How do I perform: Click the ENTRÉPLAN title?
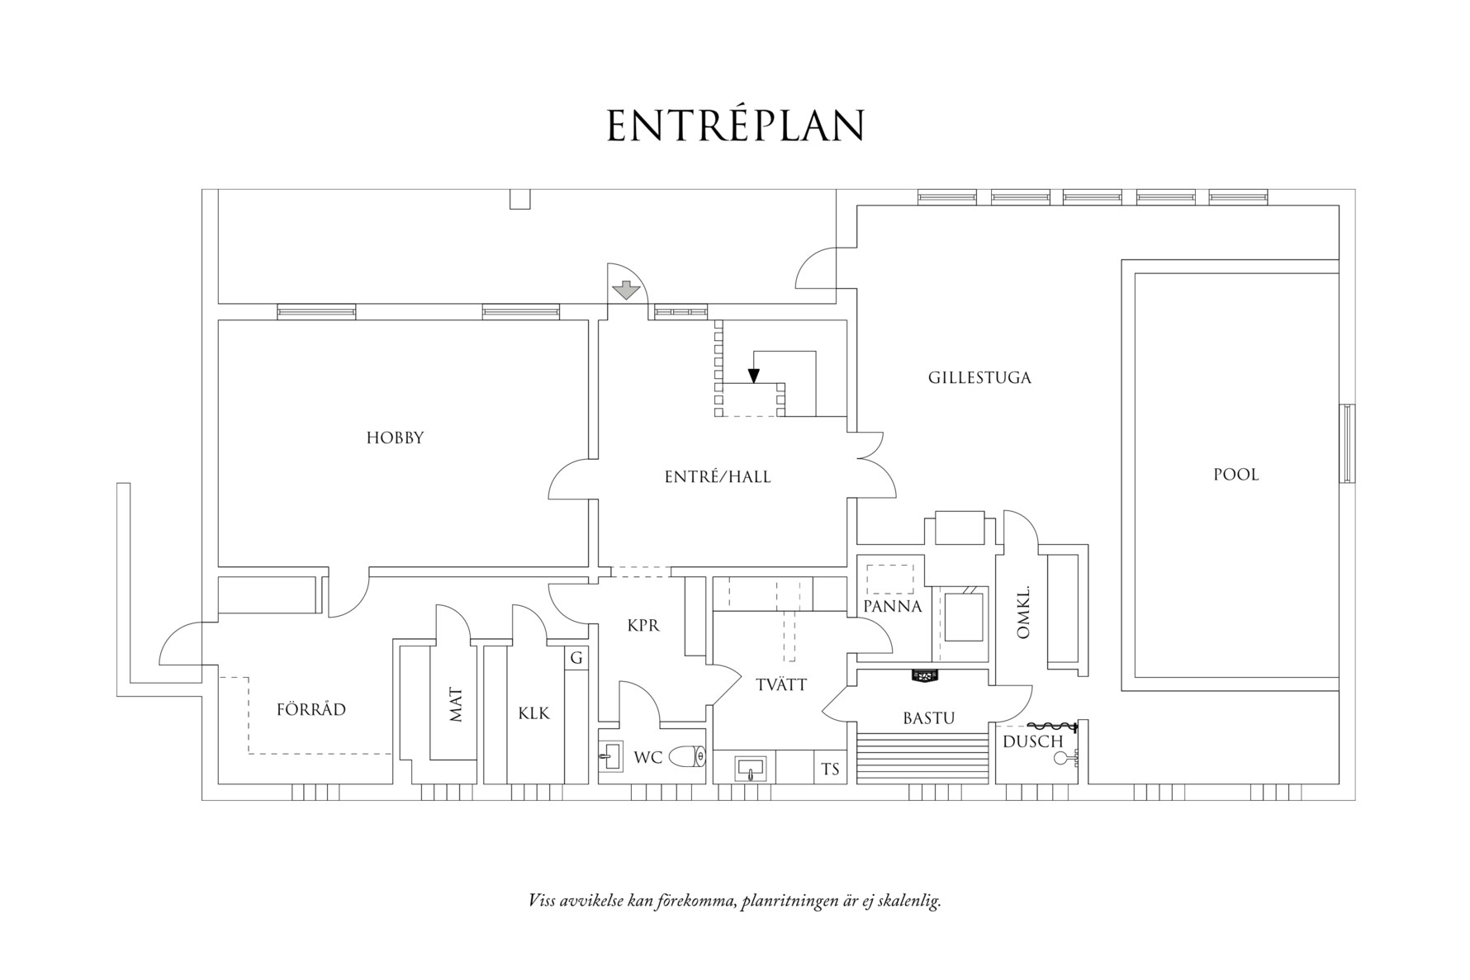click(x=735, y=126)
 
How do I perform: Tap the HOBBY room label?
click(x=395, y=438)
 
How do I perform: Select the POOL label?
click(x=1235, y=475)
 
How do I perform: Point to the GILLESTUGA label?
click(x=979, y=378)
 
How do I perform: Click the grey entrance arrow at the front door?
click(x=627, y=290)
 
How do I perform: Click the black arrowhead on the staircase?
click(x=753, y=376)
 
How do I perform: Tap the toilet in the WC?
click(x=687, y=755)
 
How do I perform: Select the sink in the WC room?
click(x=611, y=755)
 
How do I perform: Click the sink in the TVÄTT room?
click(x=750, y=769)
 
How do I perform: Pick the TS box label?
click(x=830, y=769)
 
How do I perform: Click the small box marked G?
click(x=576, y=658)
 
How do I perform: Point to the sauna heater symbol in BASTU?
click(x=925, y=676)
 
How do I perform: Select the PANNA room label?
click(x=892, y=607)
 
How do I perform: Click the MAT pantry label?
click(x=456, y=704)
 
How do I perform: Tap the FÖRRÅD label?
click(x=311, y=710)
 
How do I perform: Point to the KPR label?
click(x=643, y=626)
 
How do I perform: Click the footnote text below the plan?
click(x=734, y=900)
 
